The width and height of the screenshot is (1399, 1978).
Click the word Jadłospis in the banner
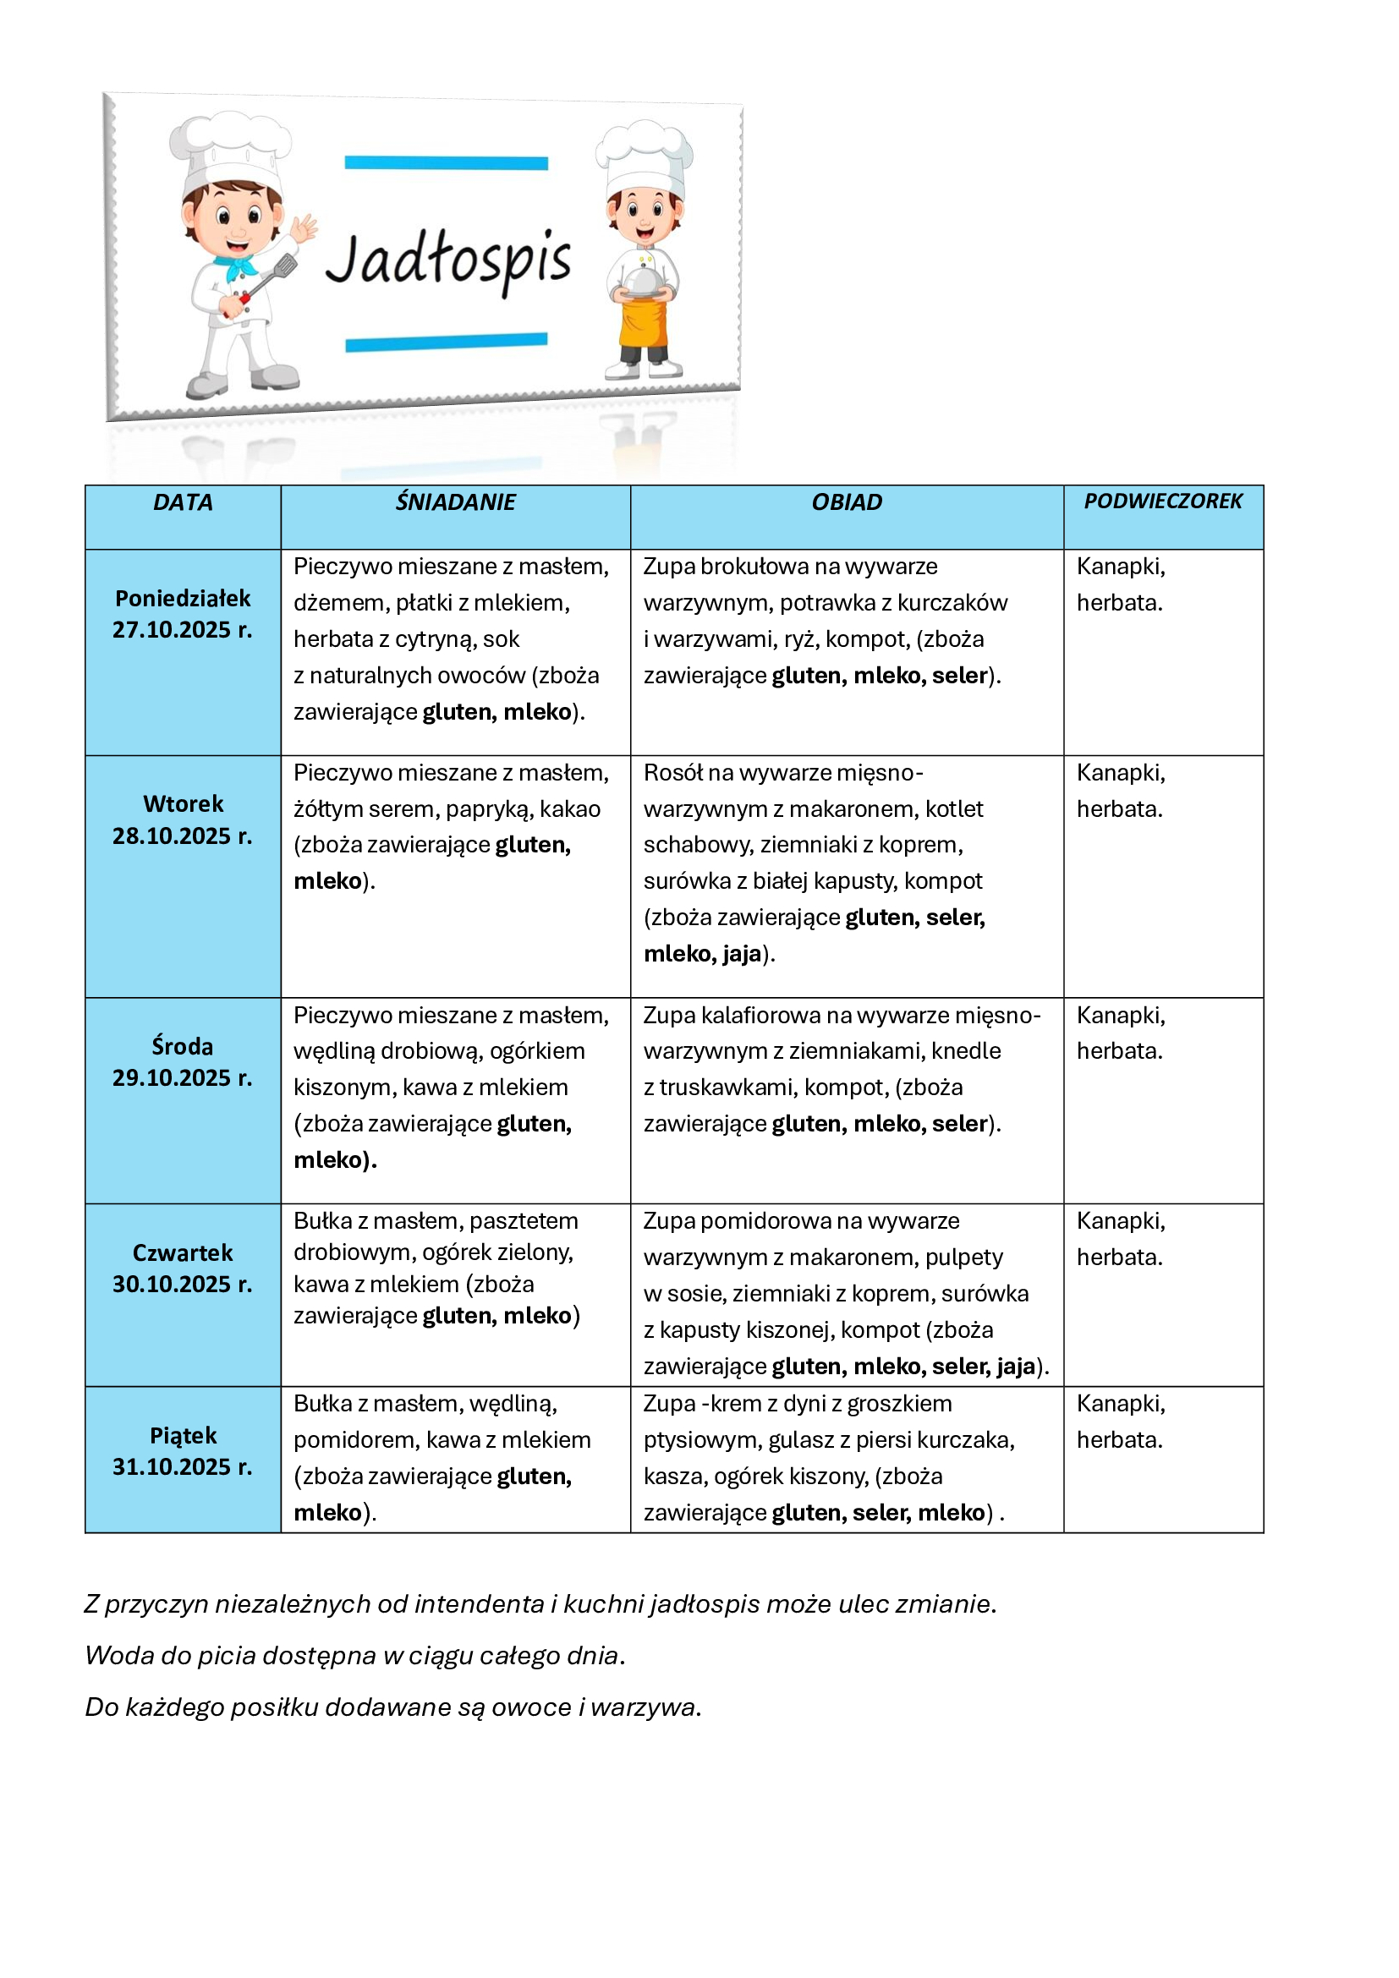[448, 259]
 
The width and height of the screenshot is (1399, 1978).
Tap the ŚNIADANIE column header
[455, 502]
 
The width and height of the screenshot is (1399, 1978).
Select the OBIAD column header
[847, 502]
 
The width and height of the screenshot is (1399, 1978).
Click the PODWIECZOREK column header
[1163, 501]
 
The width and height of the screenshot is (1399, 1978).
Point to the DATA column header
[183, 502]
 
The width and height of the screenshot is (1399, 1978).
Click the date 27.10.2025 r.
[183, 630]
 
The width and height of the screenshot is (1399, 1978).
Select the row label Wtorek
[183, 803]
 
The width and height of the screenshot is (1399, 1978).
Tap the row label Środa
[183, 1046]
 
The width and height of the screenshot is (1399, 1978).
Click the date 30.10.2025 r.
[183, 1284]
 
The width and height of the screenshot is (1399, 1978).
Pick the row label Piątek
[183, 1435]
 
